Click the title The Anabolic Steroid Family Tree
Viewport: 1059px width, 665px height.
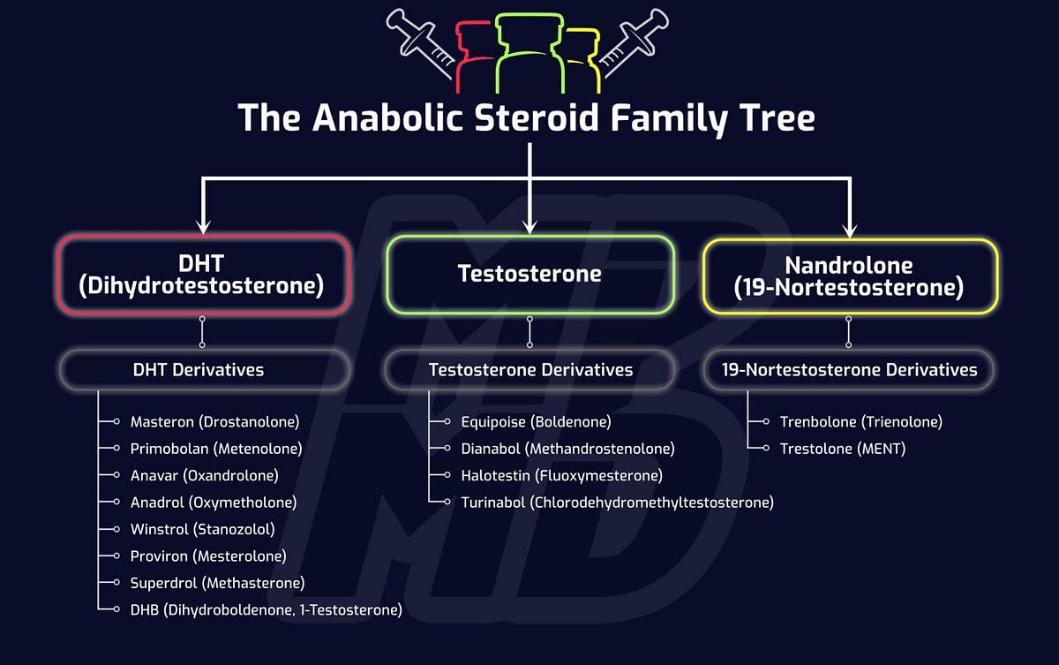pos(527,117)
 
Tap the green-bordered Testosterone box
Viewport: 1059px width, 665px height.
pos(529,274)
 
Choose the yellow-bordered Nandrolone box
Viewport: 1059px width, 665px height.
pos(849,276)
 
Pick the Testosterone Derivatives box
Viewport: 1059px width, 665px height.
pos(530,370)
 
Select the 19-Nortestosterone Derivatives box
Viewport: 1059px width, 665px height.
pos(849,370)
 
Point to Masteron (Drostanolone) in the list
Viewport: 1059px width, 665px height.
pos(214,422)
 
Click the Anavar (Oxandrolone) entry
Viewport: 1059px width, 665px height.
pos(204,476)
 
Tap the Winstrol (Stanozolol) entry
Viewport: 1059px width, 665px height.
pos(202,530)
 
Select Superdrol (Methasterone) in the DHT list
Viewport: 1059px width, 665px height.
pos(217,583)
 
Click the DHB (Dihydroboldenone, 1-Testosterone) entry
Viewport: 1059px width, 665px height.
pos(266,609)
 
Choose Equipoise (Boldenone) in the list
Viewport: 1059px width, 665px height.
pos(536,422)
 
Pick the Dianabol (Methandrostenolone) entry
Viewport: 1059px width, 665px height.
pos(567,449)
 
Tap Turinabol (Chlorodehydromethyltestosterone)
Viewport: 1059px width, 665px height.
pos(617,503)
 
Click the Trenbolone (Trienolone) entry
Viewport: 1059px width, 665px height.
pos(860,422)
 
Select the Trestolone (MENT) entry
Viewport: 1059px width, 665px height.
pos(842,449)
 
